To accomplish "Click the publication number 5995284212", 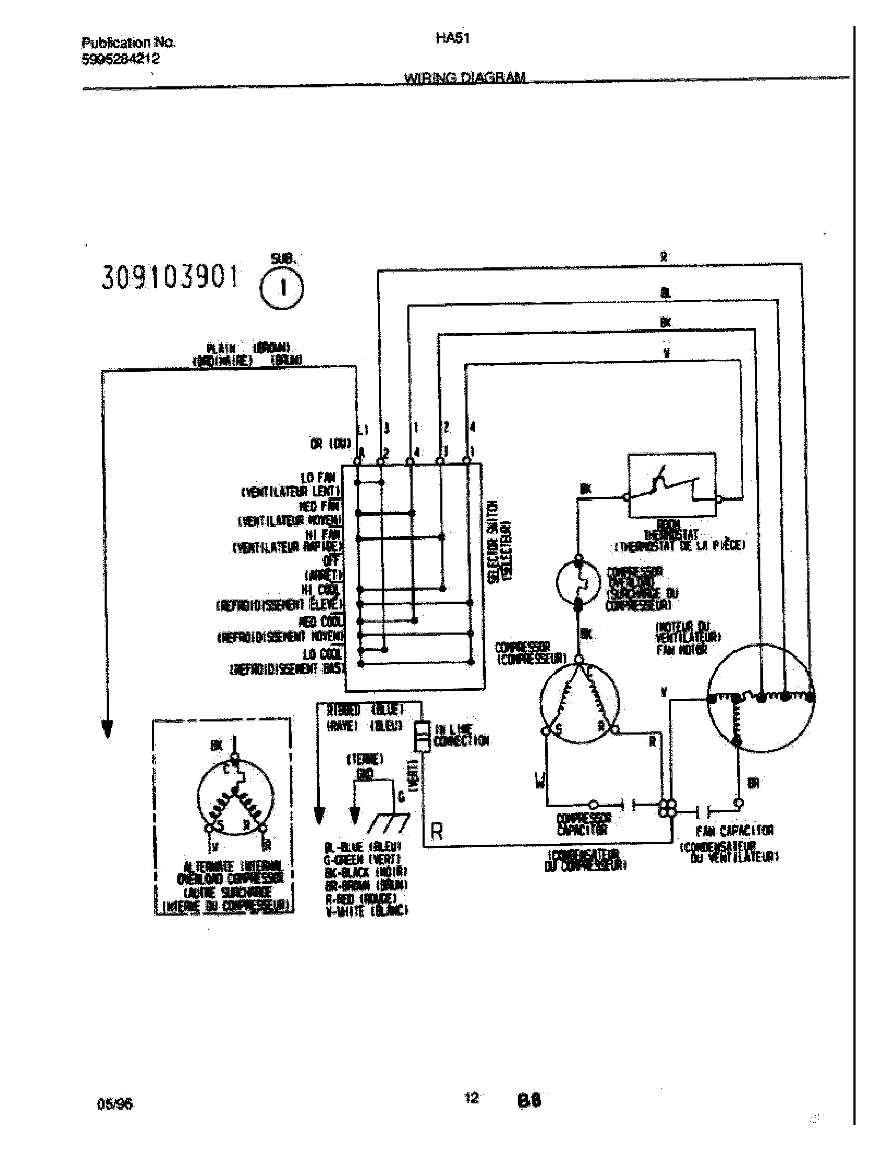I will pyautogui.click(x=121, y=60).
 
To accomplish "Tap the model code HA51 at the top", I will pyautogui.click(x=452, y=39).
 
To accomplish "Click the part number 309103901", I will pyautogui.click(x=169, y=278).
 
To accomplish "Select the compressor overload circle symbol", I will pyautogui.click(x=578, y=582).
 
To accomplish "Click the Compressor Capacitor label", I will pyautogui.click(x=584, y=824).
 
